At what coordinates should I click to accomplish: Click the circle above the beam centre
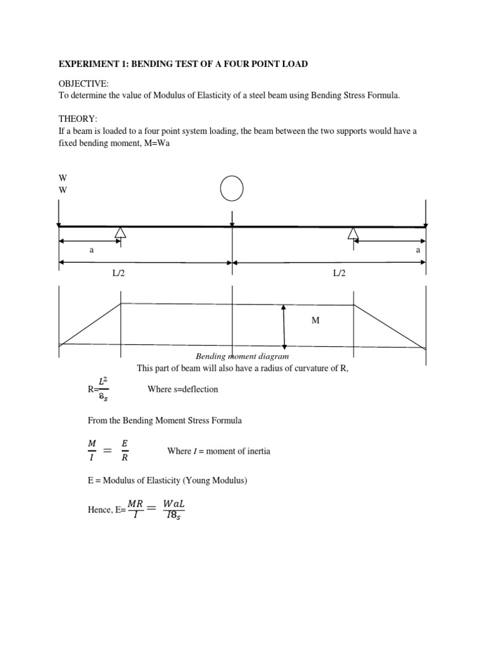click(232, 188)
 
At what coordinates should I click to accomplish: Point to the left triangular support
click(120, 233)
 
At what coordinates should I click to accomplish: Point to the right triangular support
click(353, 234)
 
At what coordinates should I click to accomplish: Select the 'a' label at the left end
click(92, 250)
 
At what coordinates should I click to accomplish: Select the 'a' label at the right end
click(417, 250)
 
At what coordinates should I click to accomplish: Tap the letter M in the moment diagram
click(316, 321)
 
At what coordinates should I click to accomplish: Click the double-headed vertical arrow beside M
click(285, 326)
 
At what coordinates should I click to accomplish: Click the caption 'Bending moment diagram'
click(242, 357)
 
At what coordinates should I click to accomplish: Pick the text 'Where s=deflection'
click(183, 389)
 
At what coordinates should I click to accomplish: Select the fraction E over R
click(125, 451)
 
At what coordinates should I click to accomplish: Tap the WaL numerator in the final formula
click(174, 504)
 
